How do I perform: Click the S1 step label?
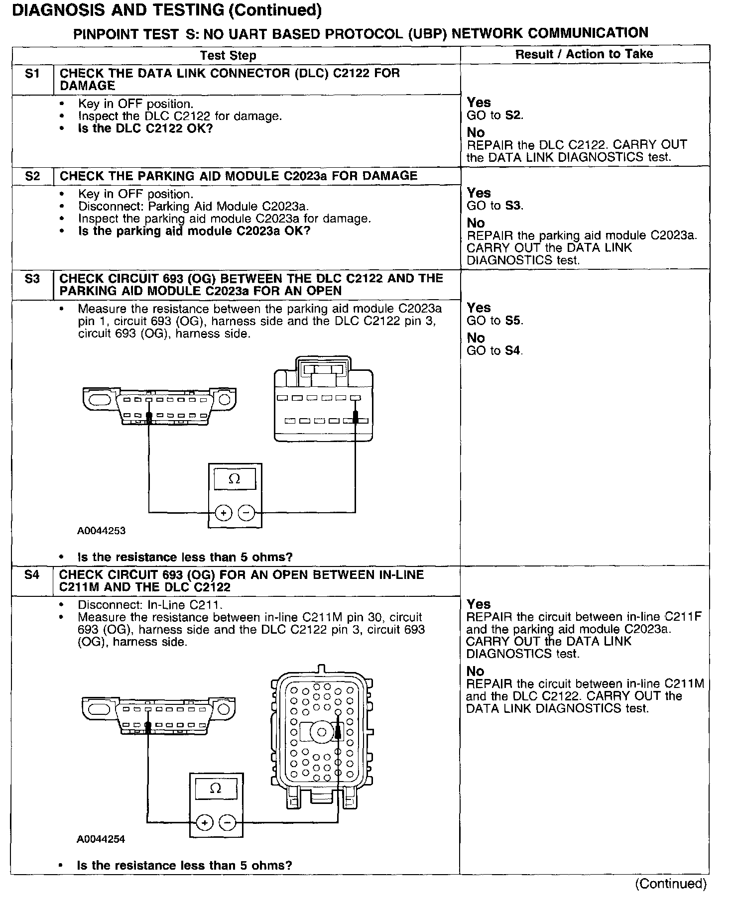tap(32, 74)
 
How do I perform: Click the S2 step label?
tap(32, 176)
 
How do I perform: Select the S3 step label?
tap(32, 279)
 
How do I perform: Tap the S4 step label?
tap(32, 575)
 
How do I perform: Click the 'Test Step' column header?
tap(228, 55)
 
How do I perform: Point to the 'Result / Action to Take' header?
tap(584, 54)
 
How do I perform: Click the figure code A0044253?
tap(101, 531)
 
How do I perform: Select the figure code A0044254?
tap(101, 839)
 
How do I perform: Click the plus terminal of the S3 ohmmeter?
tap(224, 512)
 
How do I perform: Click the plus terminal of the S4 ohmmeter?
tap(205, 822)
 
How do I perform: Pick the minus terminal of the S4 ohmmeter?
tap(228, 822)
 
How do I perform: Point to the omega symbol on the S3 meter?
tap(234, 479)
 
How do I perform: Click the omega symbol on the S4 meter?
tap(216, 789)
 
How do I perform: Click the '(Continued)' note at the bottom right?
tap(670, 884)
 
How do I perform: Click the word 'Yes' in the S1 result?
tap(479, 103)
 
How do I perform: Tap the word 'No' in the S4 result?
tap(476, 671)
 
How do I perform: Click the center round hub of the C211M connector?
tap(322, 732)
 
